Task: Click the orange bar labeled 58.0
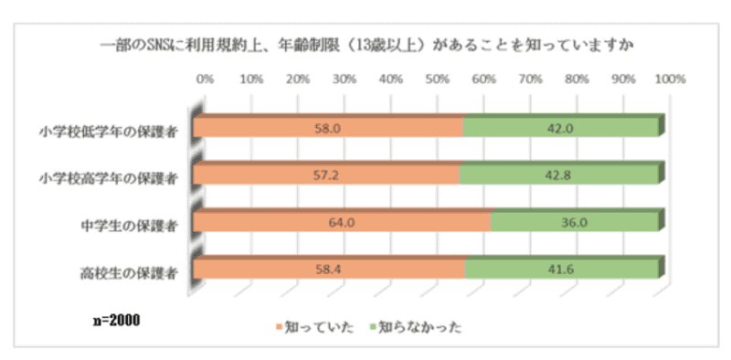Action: click(x=329, y=128)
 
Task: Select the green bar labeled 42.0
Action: click(x=560, y=128)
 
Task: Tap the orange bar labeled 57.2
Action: click(x=327, y=174)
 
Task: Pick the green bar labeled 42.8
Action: click(x=558, y=174)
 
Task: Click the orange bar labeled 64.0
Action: click(x=343, y=221)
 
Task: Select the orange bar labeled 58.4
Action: click(x=330, y=268)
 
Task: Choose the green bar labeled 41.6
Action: click(x=561, y=268)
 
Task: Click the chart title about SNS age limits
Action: click(x=365, y=43)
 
